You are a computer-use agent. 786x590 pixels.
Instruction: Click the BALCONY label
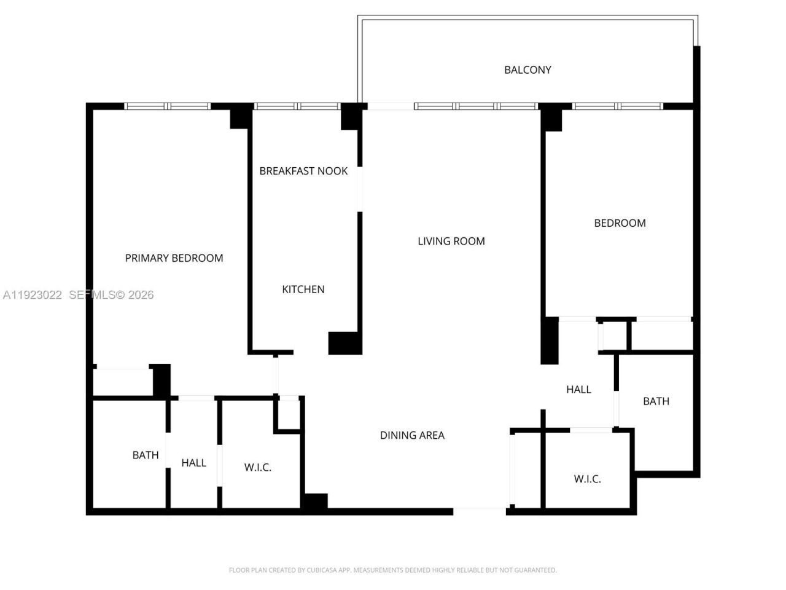pyautogui.click(x=527, y=69)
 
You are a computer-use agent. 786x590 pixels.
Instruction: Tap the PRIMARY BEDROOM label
pyautogui.click(x=174, y=258)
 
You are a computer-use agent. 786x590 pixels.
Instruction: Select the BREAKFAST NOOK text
pyautogui.click(x=303, y=171)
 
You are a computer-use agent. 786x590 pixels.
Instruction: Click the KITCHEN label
pyautogui.click(x=303, y=289)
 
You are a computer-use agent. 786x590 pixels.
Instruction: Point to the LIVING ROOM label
pyautogui.click(x=451, y=242)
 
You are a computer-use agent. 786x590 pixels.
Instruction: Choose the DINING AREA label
pyautogui.click(x=412, y=435)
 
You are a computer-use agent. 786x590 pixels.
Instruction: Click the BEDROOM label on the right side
pyautogui.click(x=620, y=223)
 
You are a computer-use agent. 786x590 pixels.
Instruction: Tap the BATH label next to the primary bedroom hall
pyautogui.click(x=146, y=455)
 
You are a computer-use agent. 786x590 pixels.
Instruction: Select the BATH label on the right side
pyautogui.click(x=656, y=401)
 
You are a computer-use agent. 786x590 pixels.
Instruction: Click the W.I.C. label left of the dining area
pyautogui.click(x=258, y=468)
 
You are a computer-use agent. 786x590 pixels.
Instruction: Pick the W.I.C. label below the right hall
pyautogui.click(x=587, y=479)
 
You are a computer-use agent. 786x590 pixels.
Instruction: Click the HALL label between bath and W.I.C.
pyautogui.click(x=193, y=463)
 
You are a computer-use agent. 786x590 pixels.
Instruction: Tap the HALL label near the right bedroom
pyautogui.click(x=578, y=389)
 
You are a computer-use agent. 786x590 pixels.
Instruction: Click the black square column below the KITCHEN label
pyautogui.click(x=344, y=343)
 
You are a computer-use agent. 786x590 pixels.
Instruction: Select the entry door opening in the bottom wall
pyautogui.click(x=480, y=511)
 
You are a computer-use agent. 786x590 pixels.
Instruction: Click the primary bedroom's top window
pyautogui.click(x=168, y=106)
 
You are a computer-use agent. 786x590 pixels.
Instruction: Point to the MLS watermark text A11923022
pyautogui.click(x=32, y=295)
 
